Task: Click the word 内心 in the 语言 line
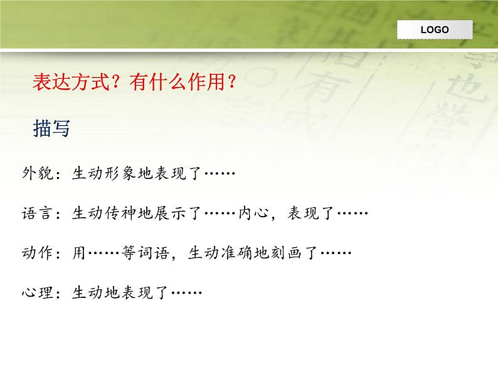[253, 214]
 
